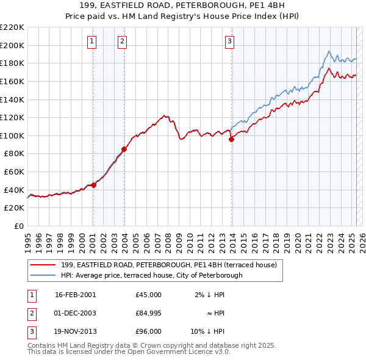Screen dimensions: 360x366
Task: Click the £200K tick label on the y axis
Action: pyautogui.click(x=12, y=45)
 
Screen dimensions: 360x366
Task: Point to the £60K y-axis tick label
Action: pyautogui.click(x=14, y=172)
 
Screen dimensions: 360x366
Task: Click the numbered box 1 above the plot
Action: pyautogui.click(x=91, y=41)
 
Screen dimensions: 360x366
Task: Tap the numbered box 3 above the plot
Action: pyautogui.click(x=230, y=41)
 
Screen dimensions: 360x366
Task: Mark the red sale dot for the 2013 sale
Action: pyautogui.click(x=231, y=139)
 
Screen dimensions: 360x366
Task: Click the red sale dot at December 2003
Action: pyautogui.click(x=124, y=148)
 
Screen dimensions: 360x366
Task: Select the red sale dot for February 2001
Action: pyautogui.click(x=94, y=185)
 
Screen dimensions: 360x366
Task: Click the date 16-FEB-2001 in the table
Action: pyautogui.click(x=75, y=295)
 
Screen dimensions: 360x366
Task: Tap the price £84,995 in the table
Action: pyautogui.click(x=149, y=313)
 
